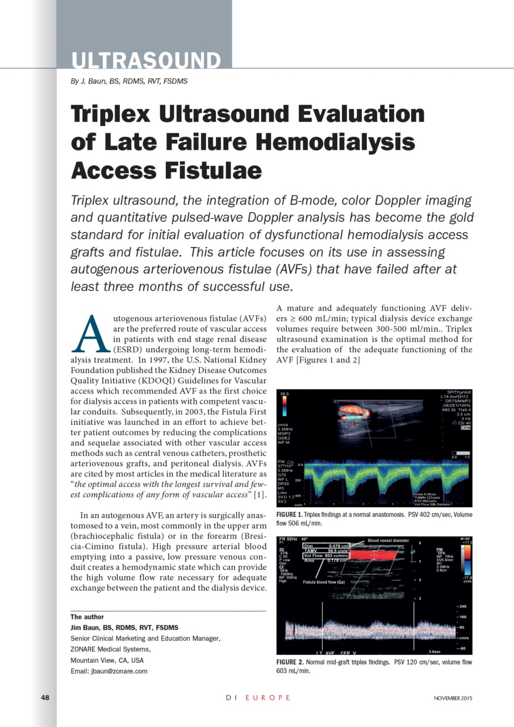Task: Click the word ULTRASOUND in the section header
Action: pyautogui.click(x=146, y=60)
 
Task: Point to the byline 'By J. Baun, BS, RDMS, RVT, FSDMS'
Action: pyautogui.click(x=129, y=81)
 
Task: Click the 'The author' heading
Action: pyautogui.click(x=87, y=617)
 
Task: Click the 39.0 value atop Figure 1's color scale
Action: pyautogui.click(x=285, y=393)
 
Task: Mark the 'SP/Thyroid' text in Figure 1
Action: pyautogui.click(x=458, y=392)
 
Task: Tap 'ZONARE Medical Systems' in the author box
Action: pyautogui.click(x=110, y=649)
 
